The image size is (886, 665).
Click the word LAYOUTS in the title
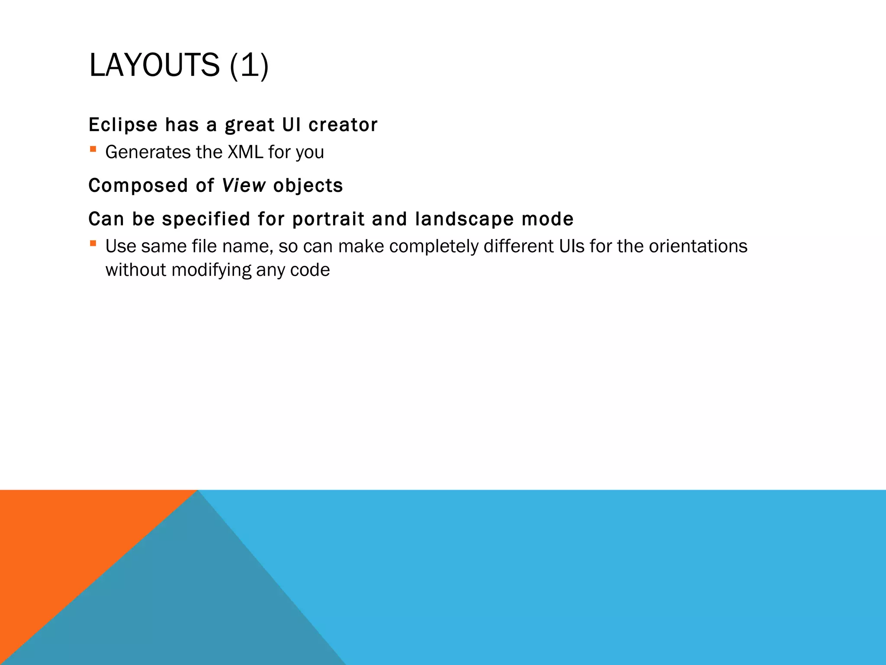154,65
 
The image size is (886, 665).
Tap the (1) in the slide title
249,65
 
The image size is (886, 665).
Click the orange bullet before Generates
93,149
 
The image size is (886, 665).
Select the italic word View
244,185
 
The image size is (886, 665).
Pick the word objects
308,186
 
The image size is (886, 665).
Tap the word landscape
464,219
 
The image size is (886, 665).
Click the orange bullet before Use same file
93,243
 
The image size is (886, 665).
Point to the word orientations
698,246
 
